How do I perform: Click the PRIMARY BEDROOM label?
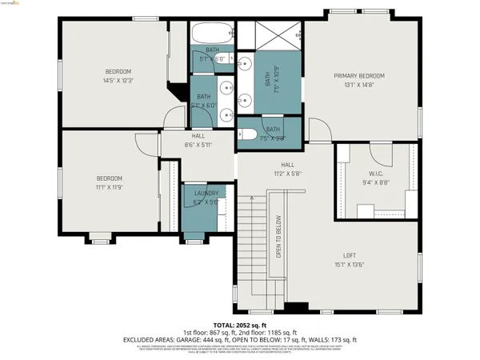tap(359, 75)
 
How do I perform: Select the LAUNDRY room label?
tap(206, 194)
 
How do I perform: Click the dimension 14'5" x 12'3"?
tap(118, 80)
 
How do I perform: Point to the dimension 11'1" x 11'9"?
tap(110, 186)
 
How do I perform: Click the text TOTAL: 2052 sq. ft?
tap(240, 326)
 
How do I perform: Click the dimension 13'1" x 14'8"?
tap(359, 84)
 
